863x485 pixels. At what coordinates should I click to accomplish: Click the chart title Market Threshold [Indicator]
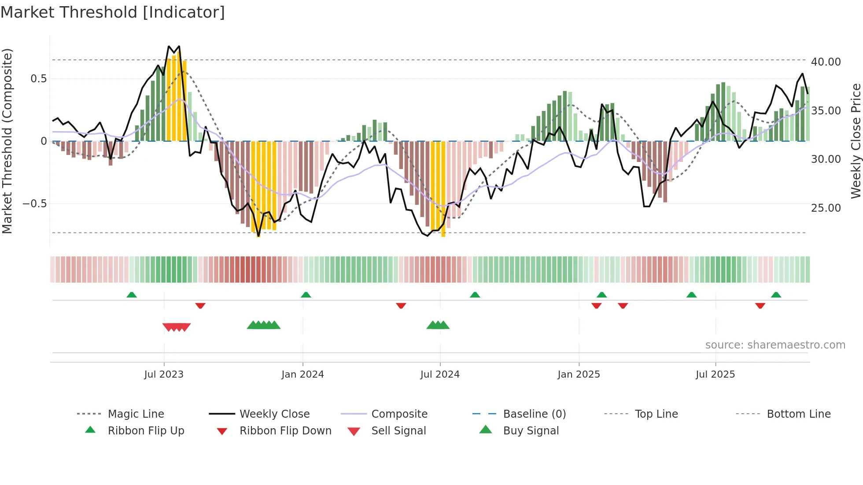click(113, 12)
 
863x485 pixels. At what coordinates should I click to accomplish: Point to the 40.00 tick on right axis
click(826, 62)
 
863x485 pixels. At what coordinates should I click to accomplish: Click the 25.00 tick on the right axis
click(826, 208)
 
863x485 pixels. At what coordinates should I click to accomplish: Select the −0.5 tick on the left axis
click(34, 204)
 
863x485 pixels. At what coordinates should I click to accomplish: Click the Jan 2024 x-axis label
click(302, 375)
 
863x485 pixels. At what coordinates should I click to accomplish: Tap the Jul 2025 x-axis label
click(715, 375)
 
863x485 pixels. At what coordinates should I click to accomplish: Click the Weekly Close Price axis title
click(856, 141)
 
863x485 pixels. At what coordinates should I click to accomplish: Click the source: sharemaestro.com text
click(775, 345)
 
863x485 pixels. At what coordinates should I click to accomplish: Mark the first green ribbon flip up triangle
click(132, 295)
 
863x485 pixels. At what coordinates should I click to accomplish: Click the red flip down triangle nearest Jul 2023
click(200, 305)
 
